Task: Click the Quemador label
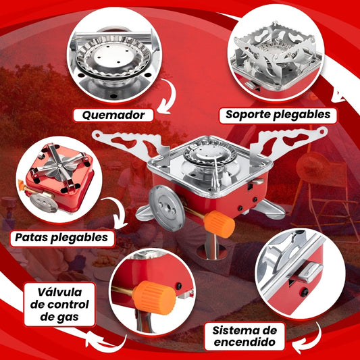(113, 115)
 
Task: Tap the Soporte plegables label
(278, 115)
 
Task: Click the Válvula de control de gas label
(59, 305)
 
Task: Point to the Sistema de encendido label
(245, 336)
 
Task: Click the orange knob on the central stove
(220, 224)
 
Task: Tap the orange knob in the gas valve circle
(154, 298)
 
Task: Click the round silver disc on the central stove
(166, 208)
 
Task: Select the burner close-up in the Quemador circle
(113, 60)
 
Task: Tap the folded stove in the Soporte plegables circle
(277, 57)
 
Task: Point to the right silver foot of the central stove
(269, 209)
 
